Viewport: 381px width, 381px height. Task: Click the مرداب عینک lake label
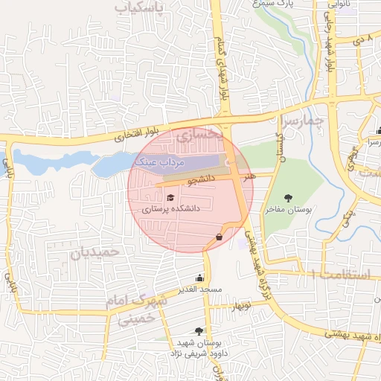coord(158,161)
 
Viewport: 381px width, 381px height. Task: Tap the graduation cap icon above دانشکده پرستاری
coord(171,198)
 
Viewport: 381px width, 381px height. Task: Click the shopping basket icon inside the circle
coord(219,237)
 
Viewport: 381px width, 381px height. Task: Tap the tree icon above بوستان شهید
coord(198,331)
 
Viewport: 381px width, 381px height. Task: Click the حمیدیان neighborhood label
coord(95,252)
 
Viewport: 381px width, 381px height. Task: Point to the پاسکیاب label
coord(138,7)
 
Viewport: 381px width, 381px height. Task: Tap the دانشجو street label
coord(202,179)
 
